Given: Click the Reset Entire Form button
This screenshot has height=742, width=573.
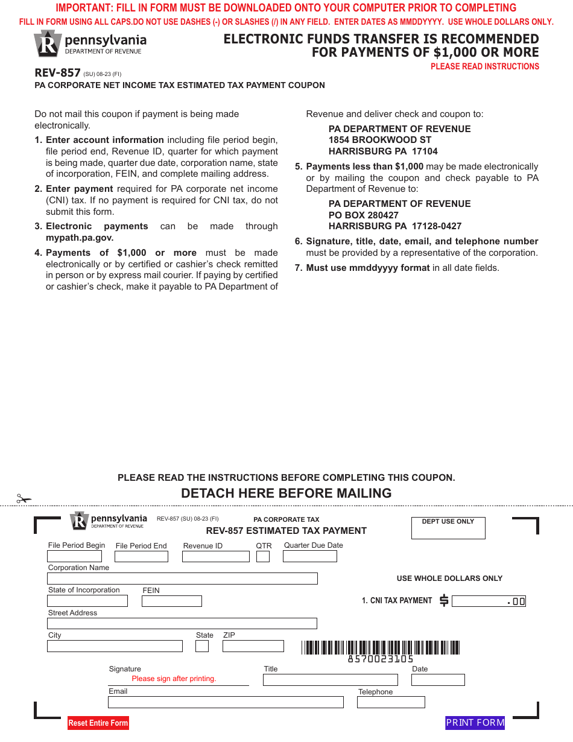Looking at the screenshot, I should tap(98, 723).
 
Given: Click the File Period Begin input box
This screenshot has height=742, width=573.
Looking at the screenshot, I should tap(75, 556).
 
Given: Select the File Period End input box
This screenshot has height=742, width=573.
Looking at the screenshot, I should tap(142, 557).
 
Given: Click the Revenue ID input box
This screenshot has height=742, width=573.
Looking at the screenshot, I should tap(215, 557).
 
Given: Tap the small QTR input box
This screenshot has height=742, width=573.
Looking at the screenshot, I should tap(263, 557).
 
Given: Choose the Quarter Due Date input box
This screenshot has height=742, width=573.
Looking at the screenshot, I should tap(309, 557).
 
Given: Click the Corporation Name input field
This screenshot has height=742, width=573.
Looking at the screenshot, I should tap(182, 579).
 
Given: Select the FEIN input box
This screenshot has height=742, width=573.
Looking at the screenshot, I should tap(172, 601).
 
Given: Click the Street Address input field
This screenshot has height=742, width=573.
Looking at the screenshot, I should tap(182, 624).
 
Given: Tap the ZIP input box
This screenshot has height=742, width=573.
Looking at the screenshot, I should tap(253, 646).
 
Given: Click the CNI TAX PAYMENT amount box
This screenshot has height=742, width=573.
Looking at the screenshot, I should tap(489, 601).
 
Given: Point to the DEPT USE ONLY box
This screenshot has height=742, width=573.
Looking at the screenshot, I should tap(448, 528).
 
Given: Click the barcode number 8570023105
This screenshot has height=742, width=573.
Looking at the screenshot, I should tap(381, 659).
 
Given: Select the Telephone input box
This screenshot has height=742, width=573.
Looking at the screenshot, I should tap(391, 702).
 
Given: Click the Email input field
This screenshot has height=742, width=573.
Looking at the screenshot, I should tap(226, 702).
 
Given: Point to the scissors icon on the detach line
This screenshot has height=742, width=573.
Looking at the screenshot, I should tap(24, 499).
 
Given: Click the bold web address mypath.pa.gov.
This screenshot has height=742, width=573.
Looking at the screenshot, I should tap(80, 238).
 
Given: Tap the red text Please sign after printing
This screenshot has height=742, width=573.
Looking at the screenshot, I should tap(174, 679).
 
